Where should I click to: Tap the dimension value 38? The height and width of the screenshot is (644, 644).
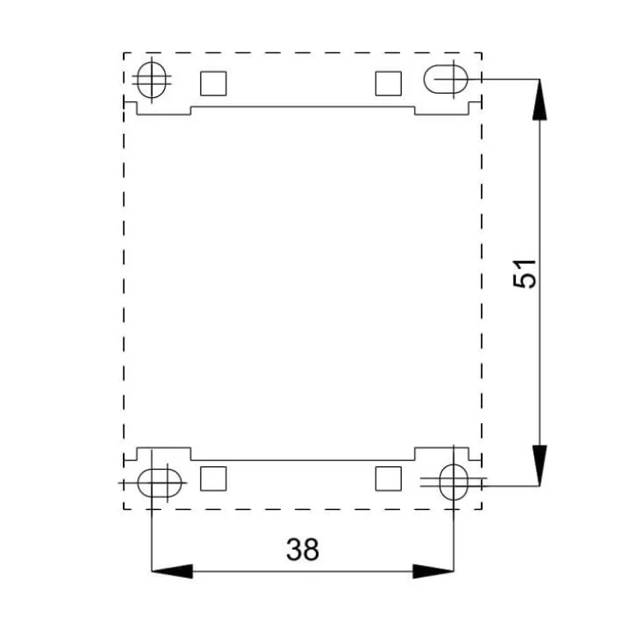(302, 550)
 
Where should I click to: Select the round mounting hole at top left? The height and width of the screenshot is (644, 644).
(152, 80)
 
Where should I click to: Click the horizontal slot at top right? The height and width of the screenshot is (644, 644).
(446, 80)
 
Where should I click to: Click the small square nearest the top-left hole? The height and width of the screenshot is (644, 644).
(213, 82)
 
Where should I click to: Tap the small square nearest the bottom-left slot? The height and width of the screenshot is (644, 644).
(213, 478)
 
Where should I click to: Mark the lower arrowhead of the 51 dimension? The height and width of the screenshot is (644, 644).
(538, 465)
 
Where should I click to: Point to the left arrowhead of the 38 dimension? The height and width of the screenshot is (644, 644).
(172, 571)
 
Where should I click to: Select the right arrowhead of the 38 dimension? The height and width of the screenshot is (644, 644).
(432, 571)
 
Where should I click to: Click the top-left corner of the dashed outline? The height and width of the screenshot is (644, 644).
(125, 53)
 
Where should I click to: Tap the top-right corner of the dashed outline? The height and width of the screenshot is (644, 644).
(481, 53)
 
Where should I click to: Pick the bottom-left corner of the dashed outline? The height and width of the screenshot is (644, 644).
(125, 507)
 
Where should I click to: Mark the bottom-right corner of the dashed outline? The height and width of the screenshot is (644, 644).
(481, 507)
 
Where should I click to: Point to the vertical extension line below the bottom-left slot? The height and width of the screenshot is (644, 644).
(152, 537)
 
